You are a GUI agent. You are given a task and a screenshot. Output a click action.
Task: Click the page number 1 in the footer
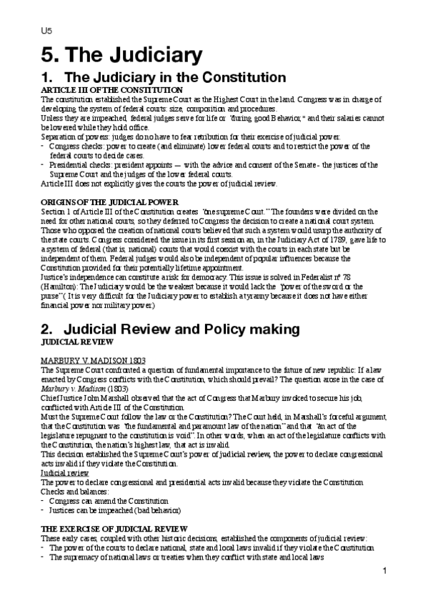[385, 571]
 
